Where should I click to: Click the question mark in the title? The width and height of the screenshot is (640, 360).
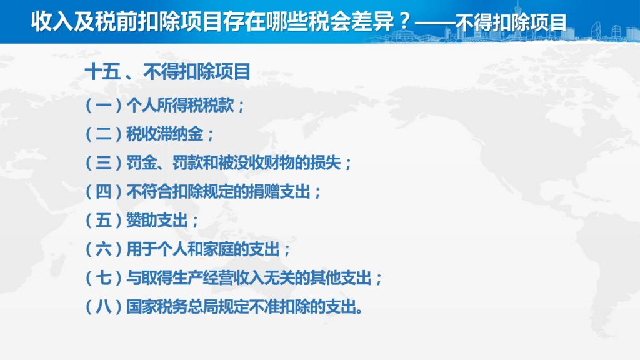point(404,22)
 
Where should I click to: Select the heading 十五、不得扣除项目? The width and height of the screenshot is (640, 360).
point(167,72)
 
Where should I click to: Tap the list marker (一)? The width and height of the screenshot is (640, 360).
point(103,105)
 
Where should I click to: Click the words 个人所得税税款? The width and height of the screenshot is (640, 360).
point(180,105)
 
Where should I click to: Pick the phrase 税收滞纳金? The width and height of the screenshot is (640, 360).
point(164,134)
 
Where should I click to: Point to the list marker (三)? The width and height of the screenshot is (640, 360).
point(103,163)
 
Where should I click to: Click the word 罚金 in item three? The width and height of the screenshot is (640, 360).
point(142,163)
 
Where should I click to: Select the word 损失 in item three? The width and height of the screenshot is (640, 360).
point(325,163)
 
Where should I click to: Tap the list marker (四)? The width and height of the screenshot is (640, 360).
point(103,191)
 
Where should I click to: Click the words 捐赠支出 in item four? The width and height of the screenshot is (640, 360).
point(279,191)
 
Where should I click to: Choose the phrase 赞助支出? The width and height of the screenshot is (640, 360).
point(157,221)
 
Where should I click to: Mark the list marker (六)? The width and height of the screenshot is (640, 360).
point(103,249)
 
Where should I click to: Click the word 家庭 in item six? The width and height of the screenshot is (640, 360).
point(218,249)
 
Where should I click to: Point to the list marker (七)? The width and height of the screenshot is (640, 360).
point(103,278)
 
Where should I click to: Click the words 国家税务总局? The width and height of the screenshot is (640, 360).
point(172,306)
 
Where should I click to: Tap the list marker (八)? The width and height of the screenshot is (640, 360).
point(103,306)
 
